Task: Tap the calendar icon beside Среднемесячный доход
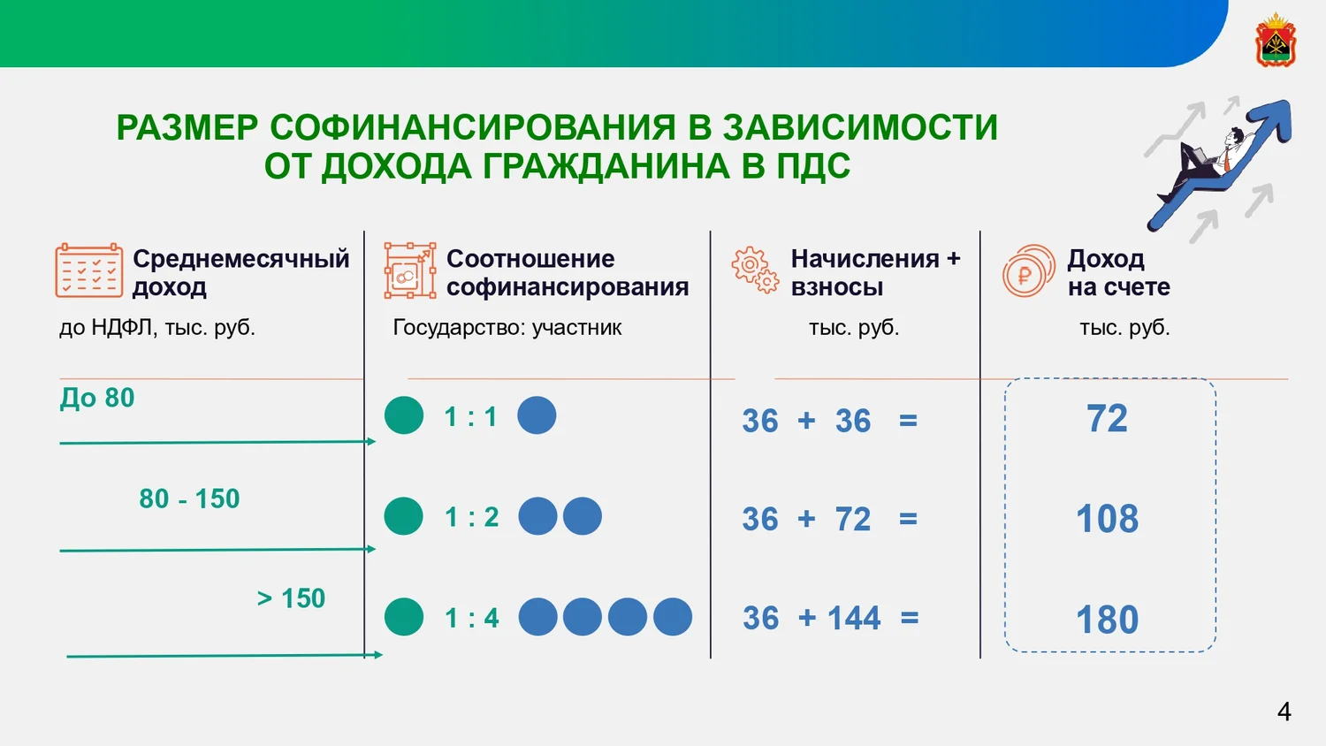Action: pos(88,270)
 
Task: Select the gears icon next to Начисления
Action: pos(755,270)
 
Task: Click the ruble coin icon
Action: pos(1028,270)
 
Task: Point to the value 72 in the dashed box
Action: pos(1107,419)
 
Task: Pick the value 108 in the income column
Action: pos(1107,519)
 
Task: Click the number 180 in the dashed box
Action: pos(1107,620)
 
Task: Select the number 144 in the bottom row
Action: pos(854,618)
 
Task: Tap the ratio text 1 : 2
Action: pos(471,517)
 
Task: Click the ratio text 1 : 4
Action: pos(471,618)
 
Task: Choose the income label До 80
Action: pos(97,397)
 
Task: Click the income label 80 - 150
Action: pos(189,499)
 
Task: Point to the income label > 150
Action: pos(291,598)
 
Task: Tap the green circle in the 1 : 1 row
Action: pos(404,415)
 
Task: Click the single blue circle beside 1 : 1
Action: pos(537,415)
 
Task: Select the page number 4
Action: pos(1284,711)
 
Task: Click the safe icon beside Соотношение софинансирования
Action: pos(409,270)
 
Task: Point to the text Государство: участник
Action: pos(507,327)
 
